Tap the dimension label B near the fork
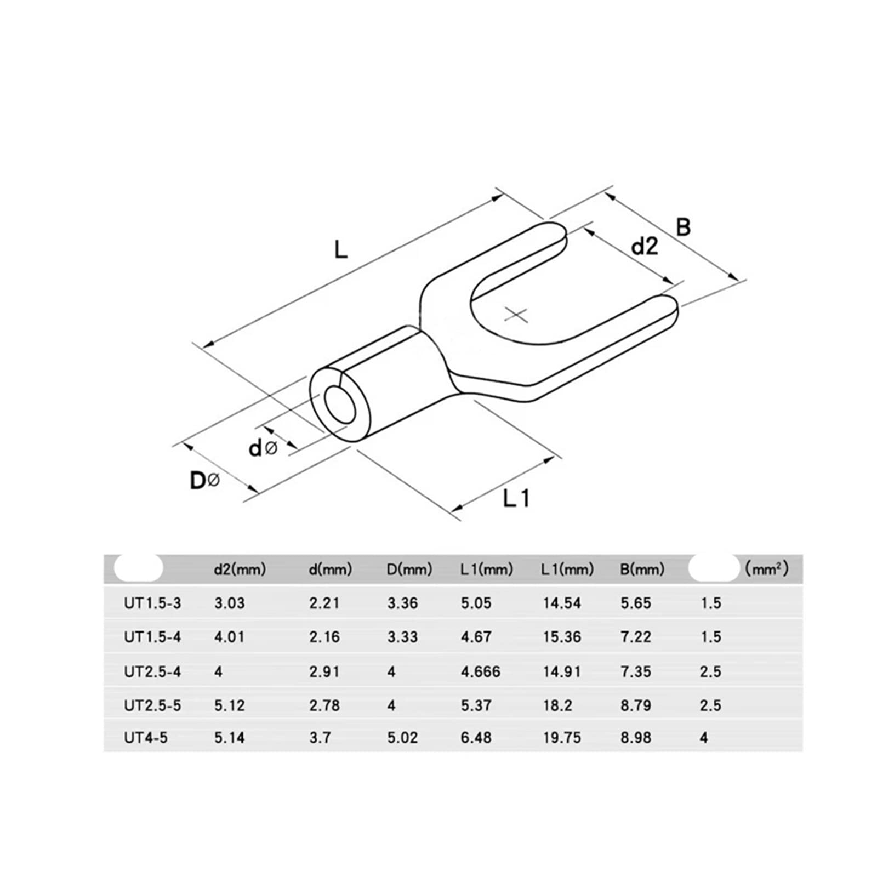pos(683,226)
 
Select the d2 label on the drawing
pos(645,247)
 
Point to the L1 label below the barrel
pos(516,498)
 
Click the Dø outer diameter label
pos(205,481)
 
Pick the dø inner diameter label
pos(263,448)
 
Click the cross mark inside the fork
pos(516,315)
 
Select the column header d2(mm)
pos(240,570)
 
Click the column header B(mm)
pos(642,570)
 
